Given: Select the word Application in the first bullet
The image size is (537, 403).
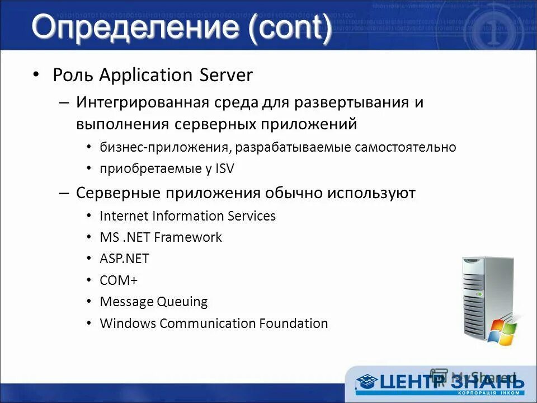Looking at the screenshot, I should click(x=148, y=75).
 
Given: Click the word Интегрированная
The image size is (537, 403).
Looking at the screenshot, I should click(x=143, y=103).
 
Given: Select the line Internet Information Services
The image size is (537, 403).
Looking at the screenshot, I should click(x=187, y=216).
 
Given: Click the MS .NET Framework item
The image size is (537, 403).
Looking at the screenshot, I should click(x=161, y=237).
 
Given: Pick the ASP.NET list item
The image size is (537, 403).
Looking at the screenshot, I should click(x=124, y=259).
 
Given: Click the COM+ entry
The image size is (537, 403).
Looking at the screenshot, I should click(x=119, y=280).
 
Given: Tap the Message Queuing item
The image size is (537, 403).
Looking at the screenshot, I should click(x=153, y=302).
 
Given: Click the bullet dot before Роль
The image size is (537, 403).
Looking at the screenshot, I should click(x=36, y=74).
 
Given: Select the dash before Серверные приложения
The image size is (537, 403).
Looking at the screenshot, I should click(x=64, y=193).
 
